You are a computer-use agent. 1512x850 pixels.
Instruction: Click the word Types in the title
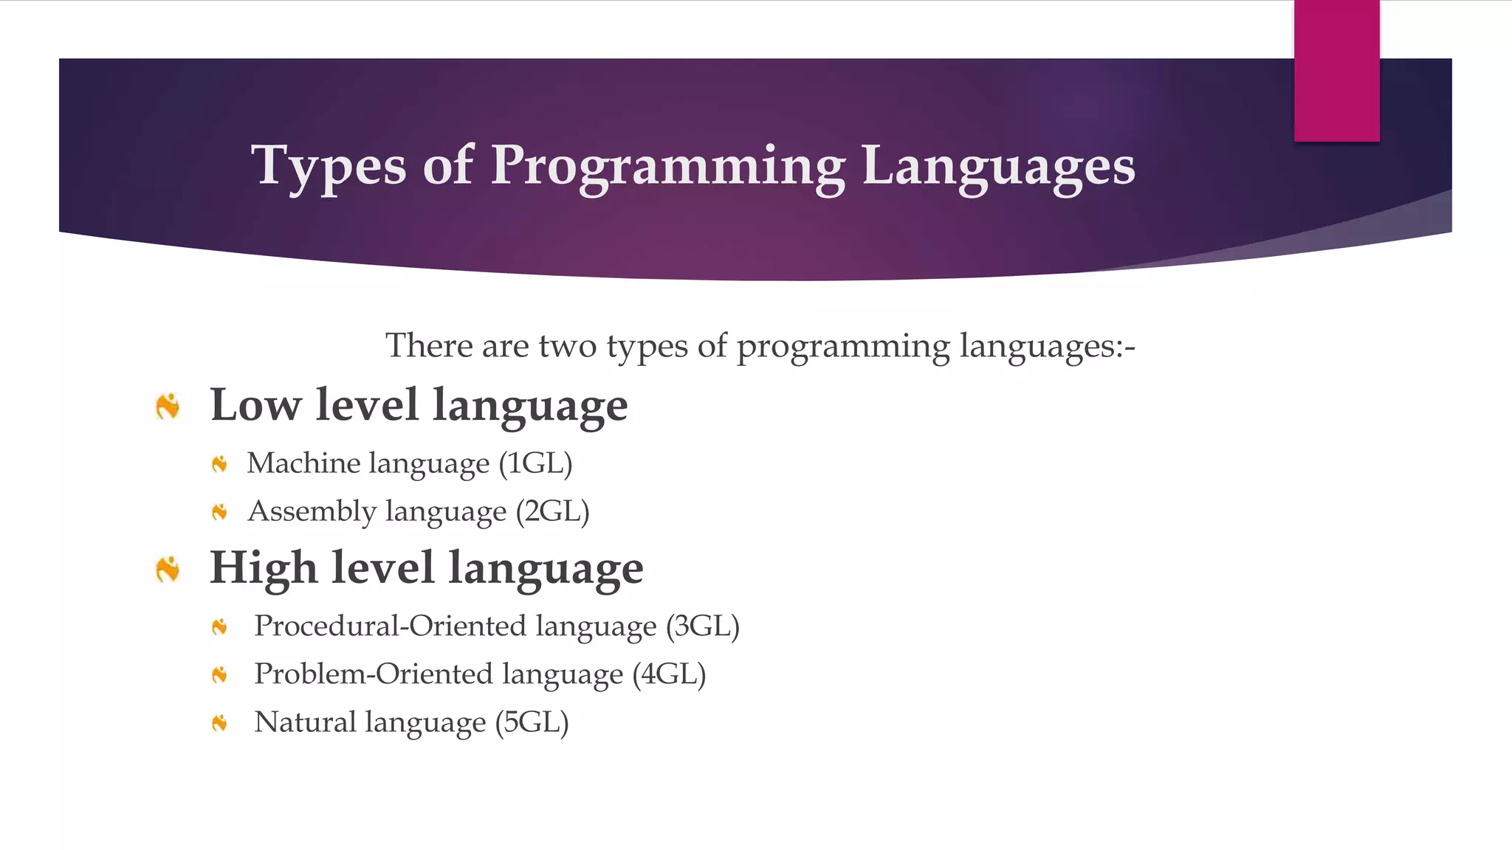pyautogui.click(x=328, y=165)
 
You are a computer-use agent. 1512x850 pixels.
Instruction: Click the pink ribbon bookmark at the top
pyautogui.click(x=1336, y=71)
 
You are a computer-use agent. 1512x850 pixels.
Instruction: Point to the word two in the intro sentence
pyautogui.click(x=567, y=345)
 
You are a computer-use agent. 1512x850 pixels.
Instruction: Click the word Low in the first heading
pyautogui.click(x=255, y=405)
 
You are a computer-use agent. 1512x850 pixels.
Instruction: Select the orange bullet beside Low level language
pyautogui.click(x=168, y=406)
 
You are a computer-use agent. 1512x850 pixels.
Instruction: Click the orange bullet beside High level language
pyautogui.click(x=168, y=569)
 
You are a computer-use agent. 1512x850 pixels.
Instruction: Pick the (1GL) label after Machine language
pyautogui.click(x=535, y=463)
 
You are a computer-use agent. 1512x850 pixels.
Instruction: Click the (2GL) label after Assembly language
pyautogui.click(x=552, y=511)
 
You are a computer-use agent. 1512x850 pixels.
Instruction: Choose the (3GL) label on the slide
pyautogui.click(x=702, y=626)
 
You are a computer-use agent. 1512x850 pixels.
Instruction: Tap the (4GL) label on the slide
pyautogui.click(x=669, y=674)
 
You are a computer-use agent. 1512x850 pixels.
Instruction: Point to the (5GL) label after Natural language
pyautogui.click(x=532, y=722)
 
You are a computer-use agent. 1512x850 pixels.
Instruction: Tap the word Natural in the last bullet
pyautogui.click(x=305, y=722)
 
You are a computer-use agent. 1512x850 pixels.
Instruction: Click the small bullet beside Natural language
pyautogui.click(x=219, y=723)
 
